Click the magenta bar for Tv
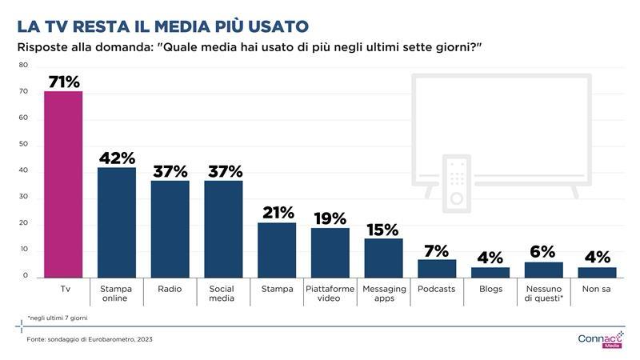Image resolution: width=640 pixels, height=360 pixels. tap(63, 184)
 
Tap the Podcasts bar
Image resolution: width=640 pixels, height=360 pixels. tap(437, 268)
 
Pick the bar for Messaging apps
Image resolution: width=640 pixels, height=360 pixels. tap(383, 258)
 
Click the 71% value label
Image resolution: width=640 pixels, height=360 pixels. tap(63, 82)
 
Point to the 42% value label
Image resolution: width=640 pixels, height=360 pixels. tap(117, 158)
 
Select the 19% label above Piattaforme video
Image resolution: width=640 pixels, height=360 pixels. tap(330, 218)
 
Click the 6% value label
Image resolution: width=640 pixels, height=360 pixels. tap(543, 252)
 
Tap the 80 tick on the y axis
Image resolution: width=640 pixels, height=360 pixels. tap(23, 65)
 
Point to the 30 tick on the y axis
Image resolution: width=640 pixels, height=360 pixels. tap(23, 198)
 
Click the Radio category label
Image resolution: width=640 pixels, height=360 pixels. tap(170, 289)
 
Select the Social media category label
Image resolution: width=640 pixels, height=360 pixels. tap(223, 294)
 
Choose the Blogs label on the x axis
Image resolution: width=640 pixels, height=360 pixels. tap(490, 289)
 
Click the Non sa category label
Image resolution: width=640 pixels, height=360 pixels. tap(597, 289)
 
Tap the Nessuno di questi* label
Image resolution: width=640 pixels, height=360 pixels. tap(543, 294)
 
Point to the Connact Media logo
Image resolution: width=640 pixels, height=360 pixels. tap(599, 339)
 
